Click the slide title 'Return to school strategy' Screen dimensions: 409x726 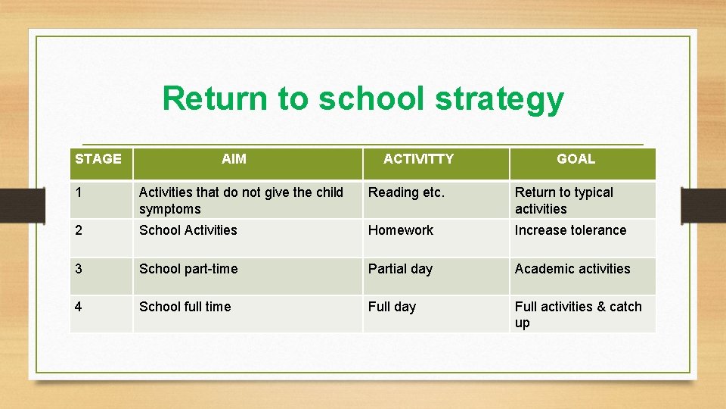(363, 99)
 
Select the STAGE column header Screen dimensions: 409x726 (98, 159)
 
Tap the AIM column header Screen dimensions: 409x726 (234, 159)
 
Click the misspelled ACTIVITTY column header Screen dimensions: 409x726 (418, 159)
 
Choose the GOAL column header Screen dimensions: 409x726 (576, 159)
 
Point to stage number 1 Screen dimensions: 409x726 (79, 192)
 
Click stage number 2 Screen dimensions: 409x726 (79, 230)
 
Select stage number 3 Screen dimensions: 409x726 (79, 269)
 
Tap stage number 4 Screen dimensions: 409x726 (79, 307)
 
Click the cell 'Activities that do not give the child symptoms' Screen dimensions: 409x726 (240, 201)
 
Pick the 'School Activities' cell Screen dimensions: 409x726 (188, 230)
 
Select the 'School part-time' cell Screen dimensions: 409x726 (188, 269)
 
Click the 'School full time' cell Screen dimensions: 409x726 (185, 307)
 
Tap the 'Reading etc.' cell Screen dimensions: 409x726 (406, 192)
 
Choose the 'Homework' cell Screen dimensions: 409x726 (401, 230)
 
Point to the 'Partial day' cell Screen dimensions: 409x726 (400, 269)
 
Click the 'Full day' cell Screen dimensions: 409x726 (392, 307)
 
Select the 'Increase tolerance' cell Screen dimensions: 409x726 (570, 230)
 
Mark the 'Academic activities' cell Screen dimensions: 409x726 (572, 269)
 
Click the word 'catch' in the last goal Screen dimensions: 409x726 (625, 307)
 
